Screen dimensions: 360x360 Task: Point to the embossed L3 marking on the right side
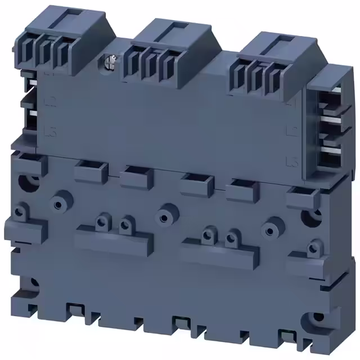pyautogui.click(x=291, y=163)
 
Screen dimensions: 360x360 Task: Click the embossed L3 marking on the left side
pyautogui.click(x=49, y=130)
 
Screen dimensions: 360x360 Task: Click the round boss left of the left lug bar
pyautogui.click(x=58, y=201)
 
